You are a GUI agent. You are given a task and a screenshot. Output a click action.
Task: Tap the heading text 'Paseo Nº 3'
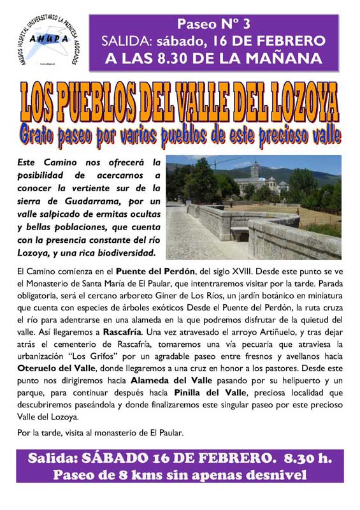click(213, 24)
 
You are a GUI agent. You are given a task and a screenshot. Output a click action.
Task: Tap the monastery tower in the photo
click(255, 170)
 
